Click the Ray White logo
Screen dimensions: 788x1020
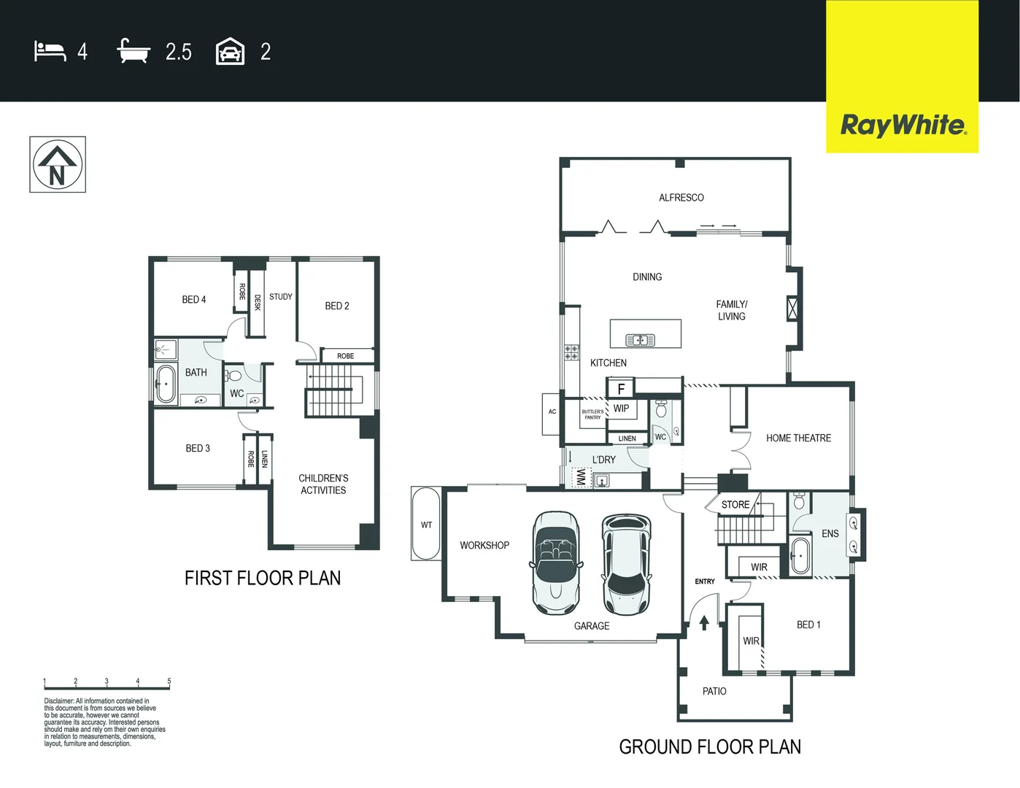coord(903,125)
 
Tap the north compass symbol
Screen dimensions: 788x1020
coord(58,165)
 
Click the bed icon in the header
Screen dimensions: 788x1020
coord(50,51)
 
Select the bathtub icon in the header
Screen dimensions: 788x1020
coord(134,51)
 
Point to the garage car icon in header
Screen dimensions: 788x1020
coord(230,52)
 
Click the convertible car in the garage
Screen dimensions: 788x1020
coord(556,563)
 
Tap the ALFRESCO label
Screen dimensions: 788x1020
coord(681,198)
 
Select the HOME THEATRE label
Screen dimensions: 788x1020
coord(798,438)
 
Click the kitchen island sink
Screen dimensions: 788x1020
coord(640,340)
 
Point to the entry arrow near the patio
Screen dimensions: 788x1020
coord(704,622)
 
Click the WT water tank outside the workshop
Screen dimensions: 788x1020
coord(426,524)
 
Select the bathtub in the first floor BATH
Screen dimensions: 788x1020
coord(166,384)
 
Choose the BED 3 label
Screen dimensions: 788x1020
coord(198,448)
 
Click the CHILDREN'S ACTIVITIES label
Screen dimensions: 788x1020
coord(323,484)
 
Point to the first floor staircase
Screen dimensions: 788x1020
coord(333,390)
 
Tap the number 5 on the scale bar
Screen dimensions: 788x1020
coord(169,681)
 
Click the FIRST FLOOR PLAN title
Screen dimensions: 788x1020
coord(263,578)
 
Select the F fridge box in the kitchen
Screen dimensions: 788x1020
coord(621,389)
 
